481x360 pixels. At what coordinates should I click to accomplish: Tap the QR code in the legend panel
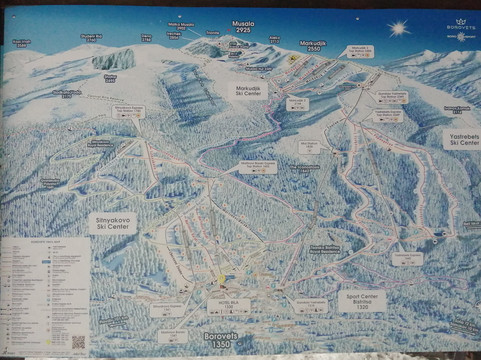[x=77, y=341]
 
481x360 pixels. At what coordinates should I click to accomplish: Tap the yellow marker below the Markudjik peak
[x=293, y=58]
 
